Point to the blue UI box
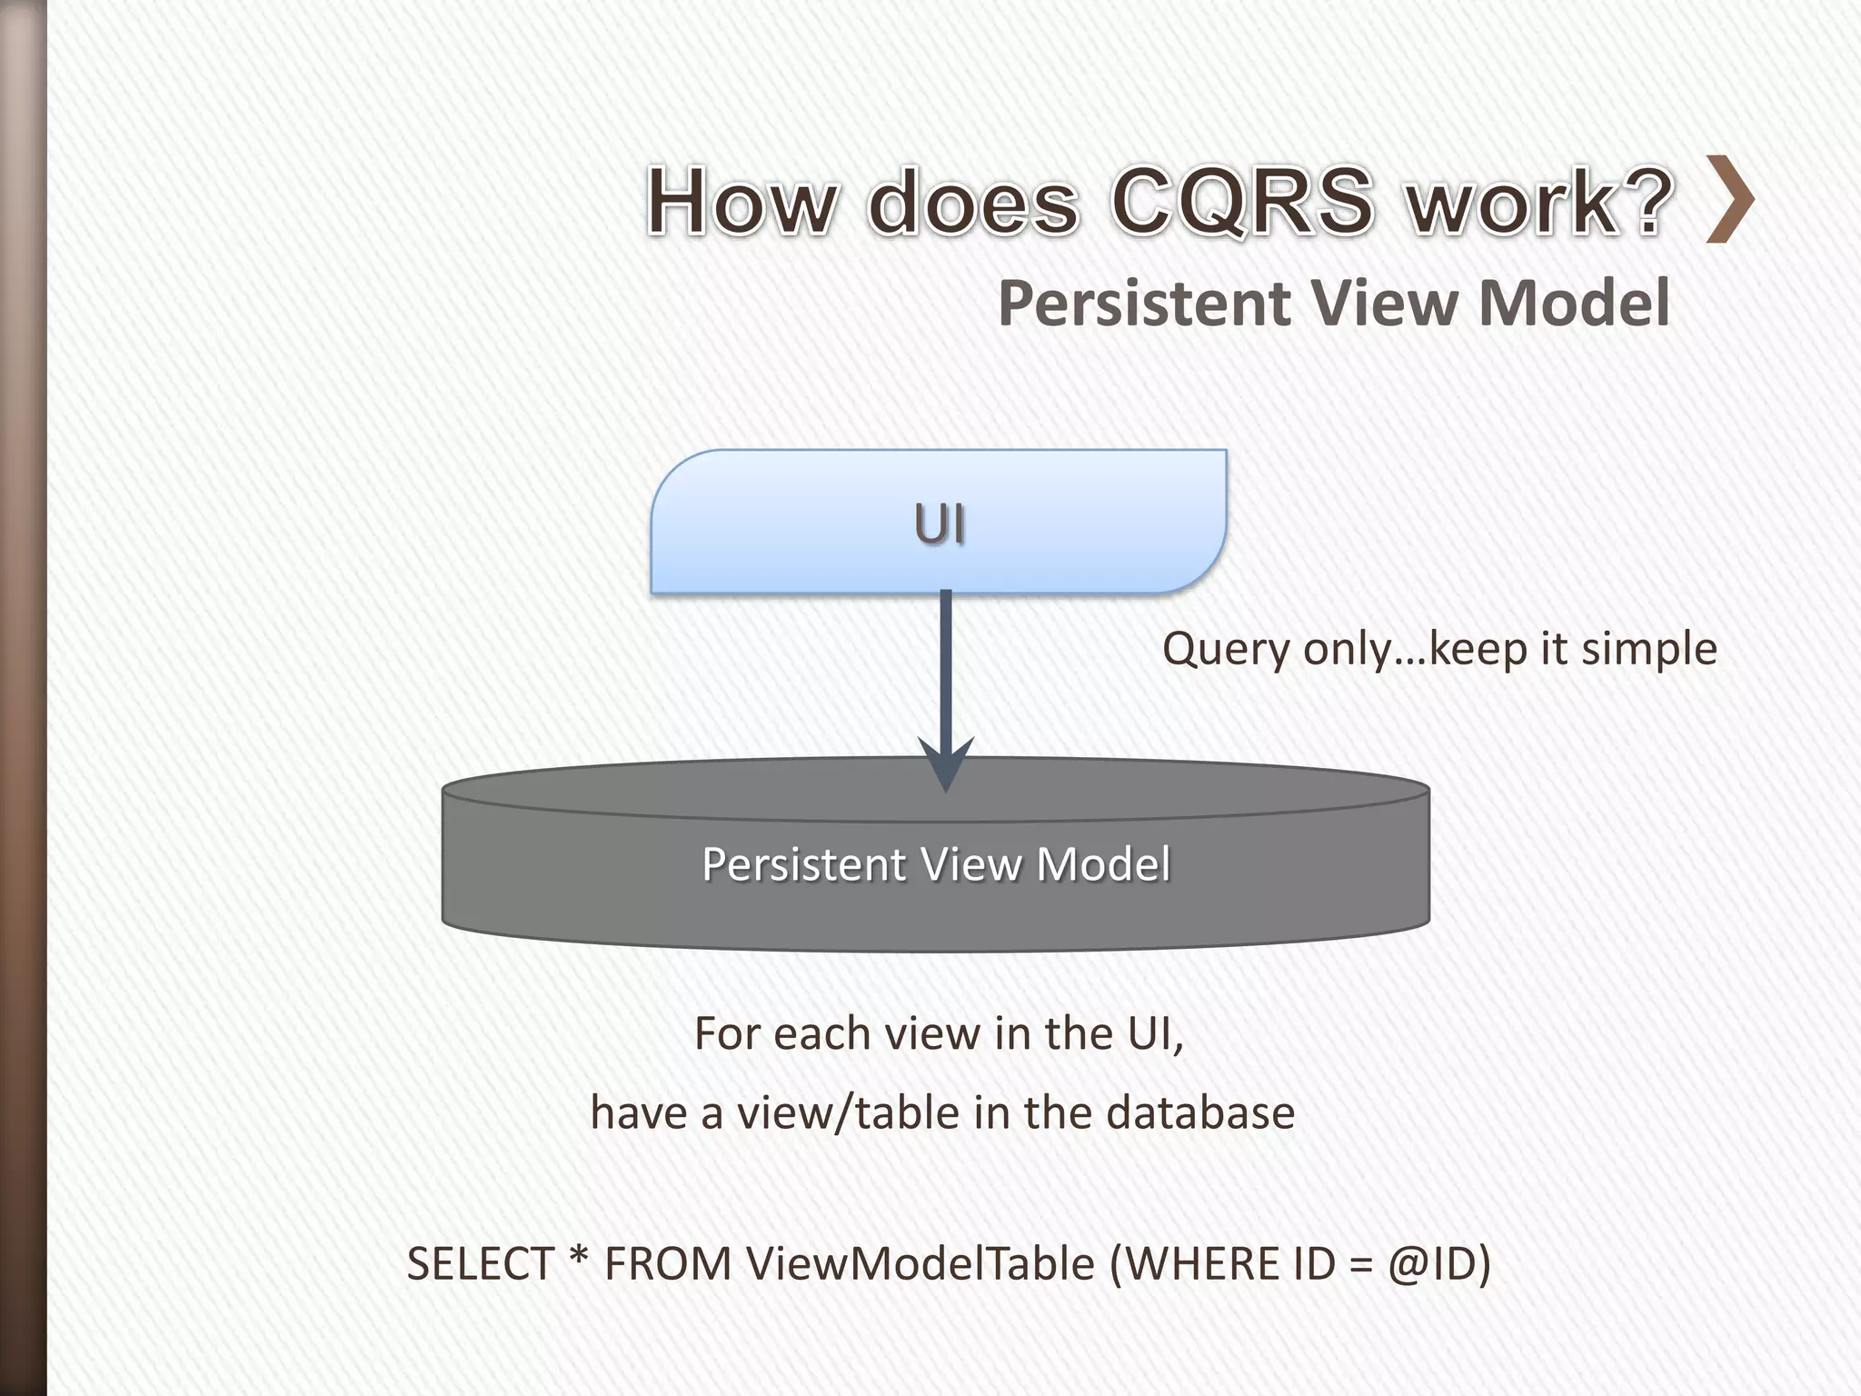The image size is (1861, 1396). (939, 523)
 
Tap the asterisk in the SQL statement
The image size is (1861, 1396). (578, 1259)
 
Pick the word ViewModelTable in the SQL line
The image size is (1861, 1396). (921, 1264)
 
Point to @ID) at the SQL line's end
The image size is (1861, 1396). (1439, 1264)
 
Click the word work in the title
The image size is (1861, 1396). (1512, 202)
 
